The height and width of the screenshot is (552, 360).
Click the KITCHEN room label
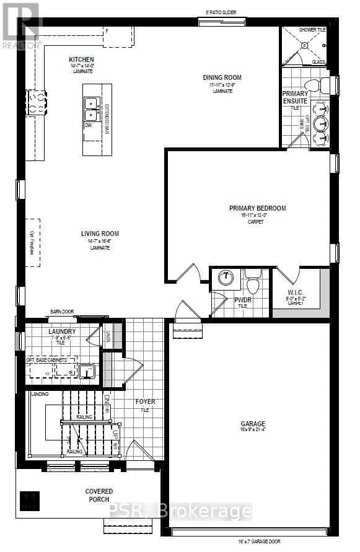(x=81, y=60)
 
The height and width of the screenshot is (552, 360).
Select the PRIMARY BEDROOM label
(x=257, y=208)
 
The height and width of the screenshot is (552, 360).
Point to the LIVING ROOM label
(x=100, y=234)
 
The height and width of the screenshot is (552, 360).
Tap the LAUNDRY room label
(x=62, y=331)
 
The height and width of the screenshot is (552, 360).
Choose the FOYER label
(x=145, y=401)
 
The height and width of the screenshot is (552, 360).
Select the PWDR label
(x=242, y=300)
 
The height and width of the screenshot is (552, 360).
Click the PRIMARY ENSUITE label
(x=295, y=97)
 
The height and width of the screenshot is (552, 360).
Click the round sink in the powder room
(x=227, y=278)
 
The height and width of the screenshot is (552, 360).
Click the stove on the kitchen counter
(x=35, y=103)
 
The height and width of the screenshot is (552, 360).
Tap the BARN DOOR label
(x=62, y=312)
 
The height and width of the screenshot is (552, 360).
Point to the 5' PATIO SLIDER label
(x=221, y=12)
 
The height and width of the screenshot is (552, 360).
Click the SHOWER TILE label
(x=312, y=29)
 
